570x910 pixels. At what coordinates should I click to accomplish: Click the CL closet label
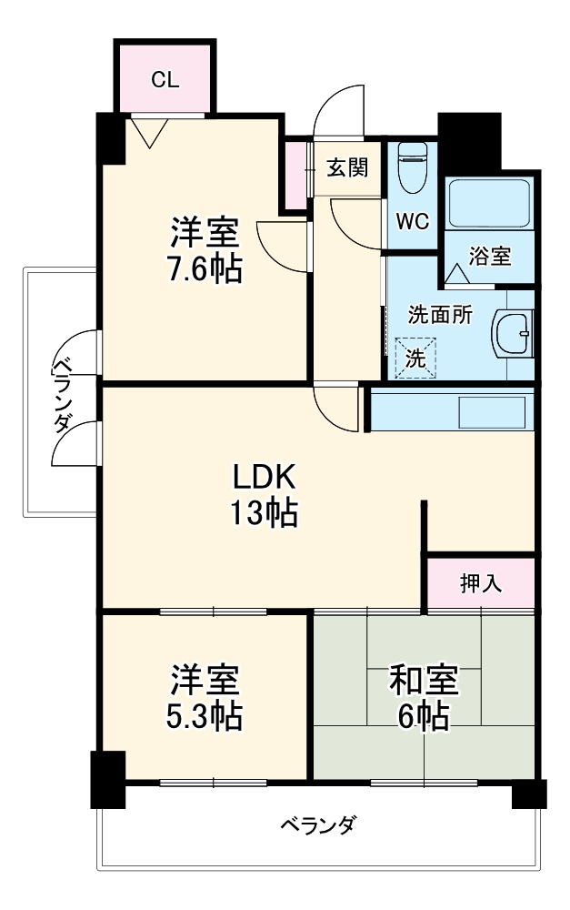coord(165,79)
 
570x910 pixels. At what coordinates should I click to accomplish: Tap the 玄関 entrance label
coord(347,167)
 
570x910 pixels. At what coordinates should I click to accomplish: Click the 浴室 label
coord(490,258)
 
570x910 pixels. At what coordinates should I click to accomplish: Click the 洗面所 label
coord(440,315)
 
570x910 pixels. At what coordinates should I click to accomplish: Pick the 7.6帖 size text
coord(205,269)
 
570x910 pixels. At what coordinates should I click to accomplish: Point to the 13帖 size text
coord(263,515)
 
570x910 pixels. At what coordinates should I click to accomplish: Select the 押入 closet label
coord(481,583)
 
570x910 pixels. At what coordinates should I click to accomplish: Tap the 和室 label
coord(424,679)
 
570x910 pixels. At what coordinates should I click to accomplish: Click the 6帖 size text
coord(424,717)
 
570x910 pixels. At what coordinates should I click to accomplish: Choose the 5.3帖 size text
coord(205,717)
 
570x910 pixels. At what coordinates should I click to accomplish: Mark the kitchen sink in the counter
coord(491,411)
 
